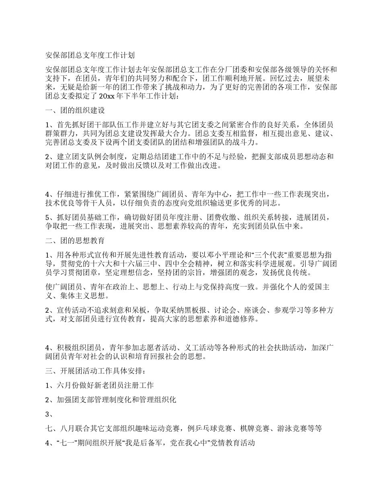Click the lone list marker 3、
click(50, 414)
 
